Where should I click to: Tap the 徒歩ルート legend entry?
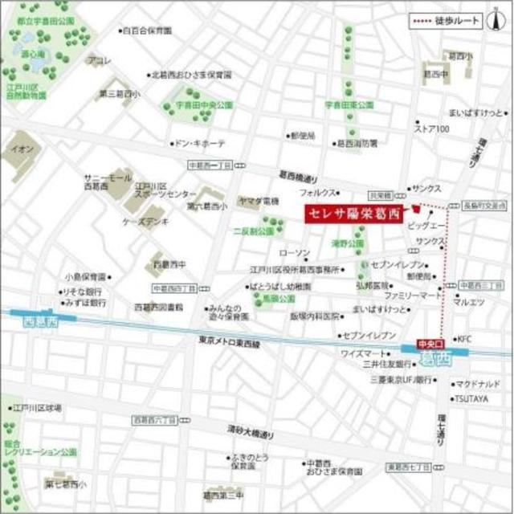pyautogui.click(x=442, y=22)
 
